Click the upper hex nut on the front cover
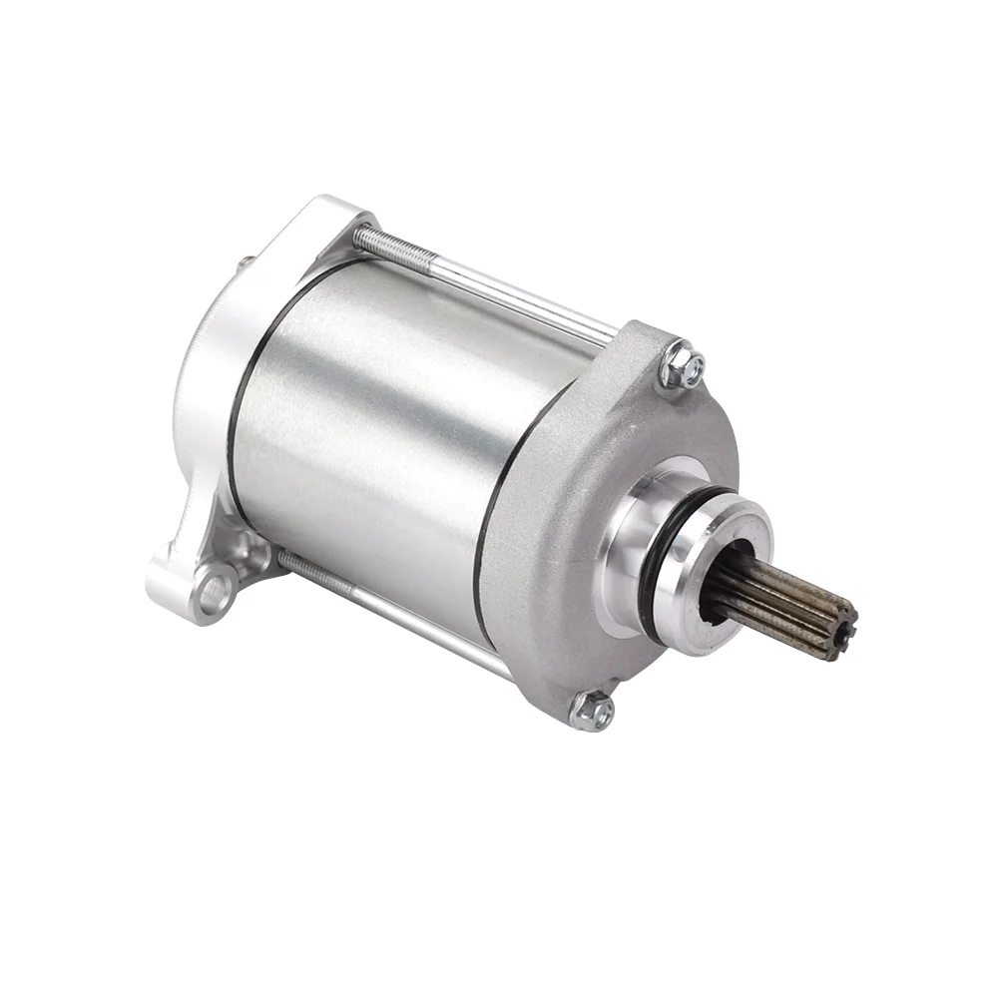[x=683, y=366]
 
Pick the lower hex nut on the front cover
[x=592, y=710]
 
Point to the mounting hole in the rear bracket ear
[x=213, y=593]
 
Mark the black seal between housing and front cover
[x=499, y=519]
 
